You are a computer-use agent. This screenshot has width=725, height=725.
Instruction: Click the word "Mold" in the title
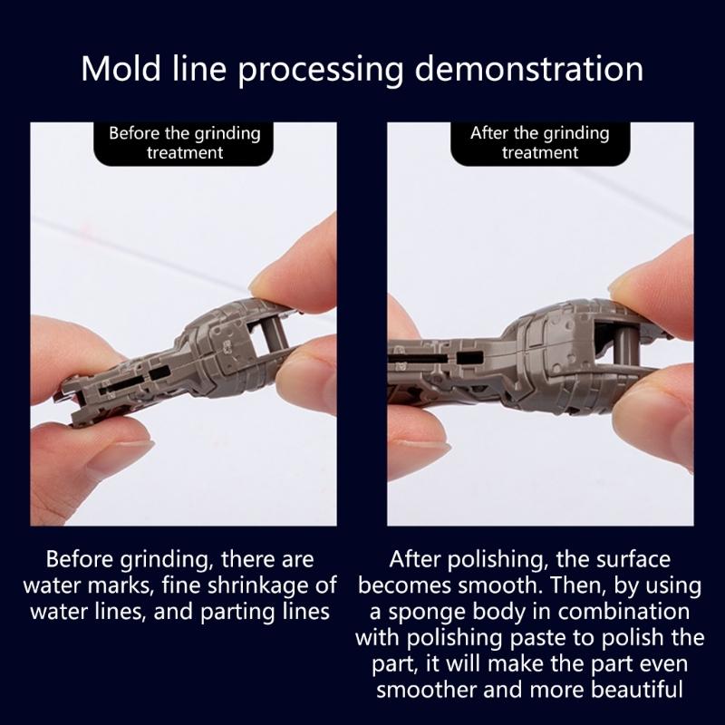coord(121,69)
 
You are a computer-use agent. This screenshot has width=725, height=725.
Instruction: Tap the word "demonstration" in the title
coord(529,69)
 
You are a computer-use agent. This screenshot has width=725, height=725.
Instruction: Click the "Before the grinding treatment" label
coord(185,143)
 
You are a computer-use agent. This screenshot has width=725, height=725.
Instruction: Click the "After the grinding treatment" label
coord(540,143)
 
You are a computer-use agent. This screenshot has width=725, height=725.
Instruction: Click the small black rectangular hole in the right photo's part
coord(469,357)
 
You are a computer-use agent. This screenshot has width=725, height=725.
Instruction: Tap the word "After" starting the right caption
coord(416,559)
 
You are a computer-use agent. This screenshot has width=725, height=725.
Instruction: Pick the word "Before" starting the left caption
coord(80,559)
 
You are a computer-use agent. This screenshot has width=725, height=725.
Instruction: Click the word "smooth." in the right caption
coord(499,585)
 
